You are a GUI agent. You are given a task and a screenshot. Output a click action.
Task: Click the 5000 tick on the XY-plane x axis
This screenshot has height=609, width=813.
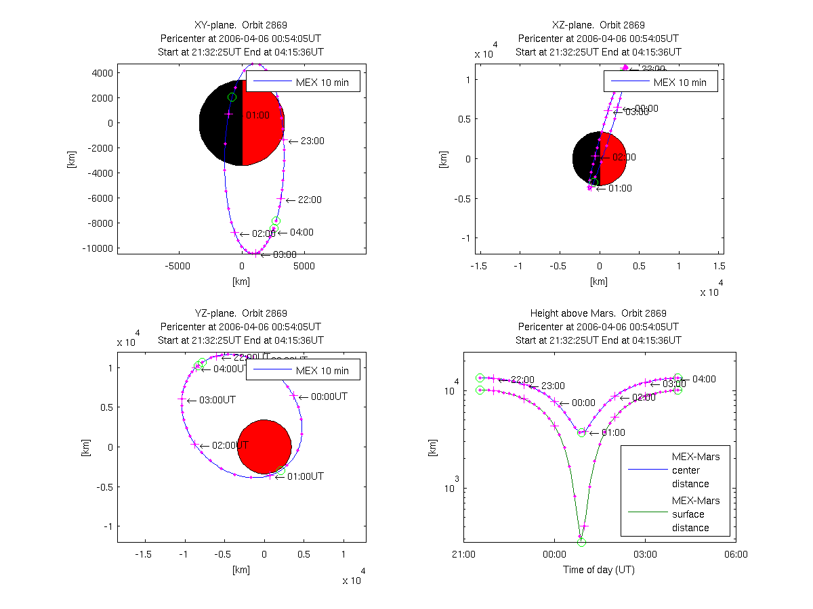(304, 267)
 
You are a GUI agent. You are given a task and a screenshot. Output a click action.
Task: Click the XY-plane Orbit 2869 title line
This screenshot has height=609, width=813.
(241, 25)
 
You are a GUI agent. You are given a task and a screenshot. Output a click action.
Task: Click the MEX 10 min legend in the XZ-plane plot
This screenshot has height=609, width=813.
(660, 81)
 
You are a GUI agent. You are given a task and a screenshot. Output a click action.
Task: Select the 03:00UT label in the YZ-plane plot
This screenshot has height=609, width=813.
(217, 400)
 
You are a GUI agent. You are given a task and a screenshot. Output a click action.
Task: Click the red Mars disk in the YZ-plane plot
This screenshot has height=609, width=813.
(264, 447)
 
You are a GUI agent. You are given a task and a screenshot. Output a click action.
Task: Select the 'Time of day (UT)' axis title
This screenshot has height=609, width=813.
(599, 570)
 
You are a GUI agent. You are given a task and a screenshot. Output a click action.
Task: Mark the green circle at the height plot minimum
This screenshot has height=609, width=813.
(581, 542)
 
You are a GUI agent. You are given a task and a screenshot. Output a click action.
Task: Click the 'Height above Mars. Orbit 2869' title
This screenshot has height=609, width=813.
(599, 313)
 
